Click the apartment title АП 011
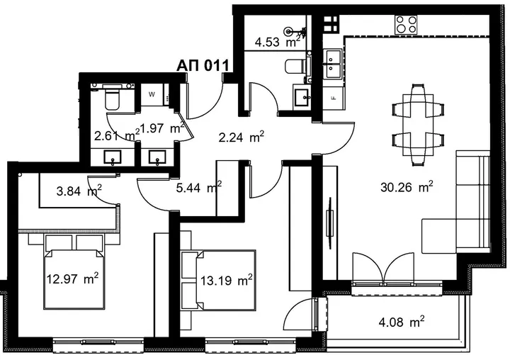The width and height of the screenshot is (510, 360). pos(203,66)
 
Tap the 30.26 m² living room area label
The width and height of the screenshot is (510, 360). pos(407,187)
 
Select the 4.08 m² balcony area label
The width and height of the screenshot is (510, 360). pos(402,322)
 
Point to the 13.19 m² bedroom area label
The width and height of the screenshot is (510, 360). pos(227,280)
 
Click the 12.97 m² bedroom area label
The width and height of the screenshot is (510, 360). pos(72,279)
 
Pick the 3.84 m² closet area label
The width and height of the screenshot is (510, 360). pos(79,191)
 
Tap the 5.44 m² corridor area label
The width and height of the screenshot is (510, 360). pos(199,187)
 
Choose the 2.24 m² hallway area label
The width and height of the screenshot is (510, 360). pos(241,137)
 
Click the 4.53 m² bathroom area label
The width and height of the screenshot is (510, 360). pos(277,43)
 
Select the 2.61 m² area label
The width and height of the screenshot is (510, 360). pos(116,135)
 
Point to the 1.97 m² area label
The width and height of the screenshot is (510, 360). pos(161,128)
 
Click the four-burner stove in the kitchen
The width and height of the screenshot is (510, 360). pos(407,25)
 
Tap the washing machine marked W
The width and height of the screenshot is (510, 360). pos(152,95)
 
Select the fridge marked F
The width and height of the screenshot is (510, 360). pos(333,98)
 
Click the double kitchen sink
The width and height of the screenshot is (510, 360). pos(331,64)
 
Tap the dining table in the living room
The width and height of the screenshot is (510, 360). pos(418,125)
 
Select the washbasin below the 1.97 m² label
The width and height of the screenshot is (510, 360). pos(157,157)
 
